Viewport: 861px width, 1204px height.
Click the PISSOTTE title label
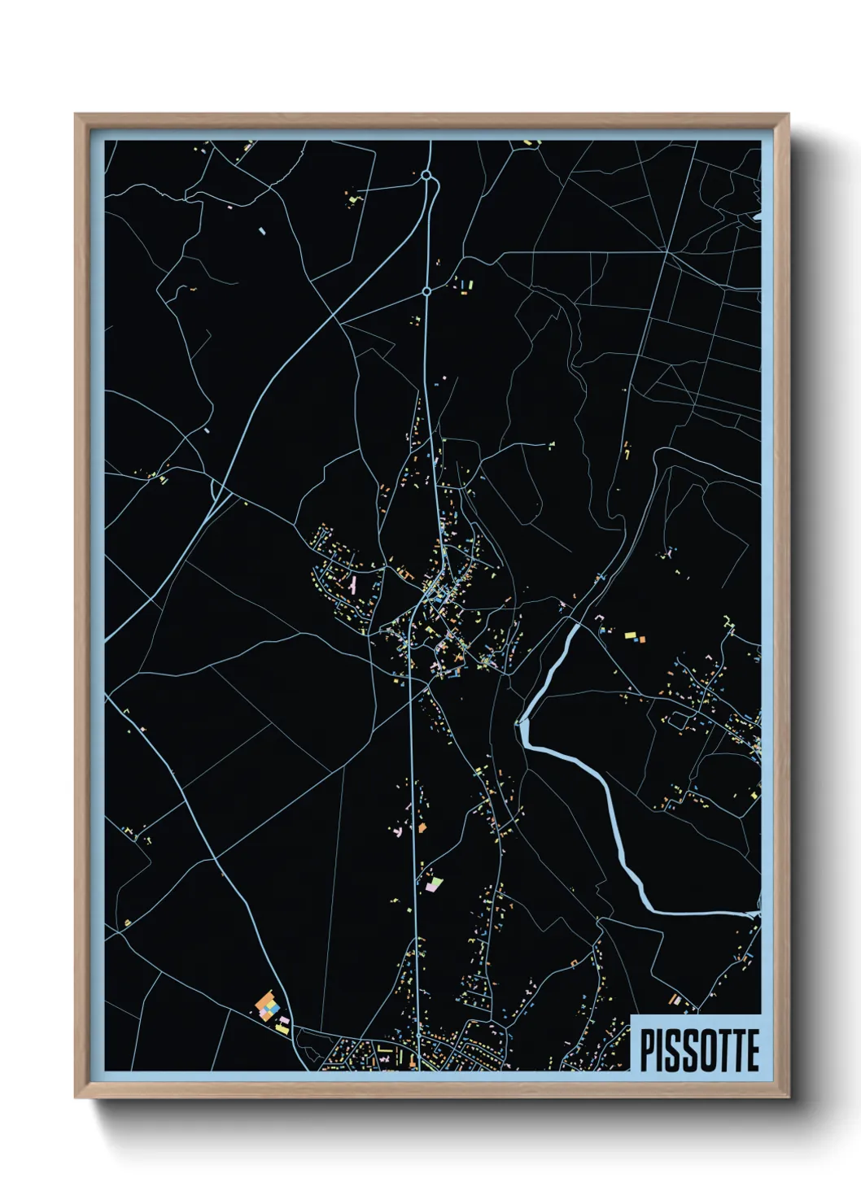(698, 1050)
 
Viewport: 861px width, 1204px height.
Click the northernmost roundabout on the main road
(426, 175)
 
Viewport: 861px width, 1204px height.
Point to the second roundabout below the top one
(426, 290)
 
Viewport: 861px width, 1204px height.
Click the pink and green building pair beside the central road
(432, 883)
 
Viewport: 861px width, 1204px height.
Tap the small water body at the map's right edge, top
(757, 216)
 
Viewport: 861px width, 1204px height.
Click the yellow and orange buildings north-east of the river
(633, 637)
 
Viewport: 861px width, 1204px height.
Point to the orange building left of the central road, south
(422, 827)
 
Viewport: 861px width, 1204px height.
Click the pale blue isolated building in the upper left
(261, 230)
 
